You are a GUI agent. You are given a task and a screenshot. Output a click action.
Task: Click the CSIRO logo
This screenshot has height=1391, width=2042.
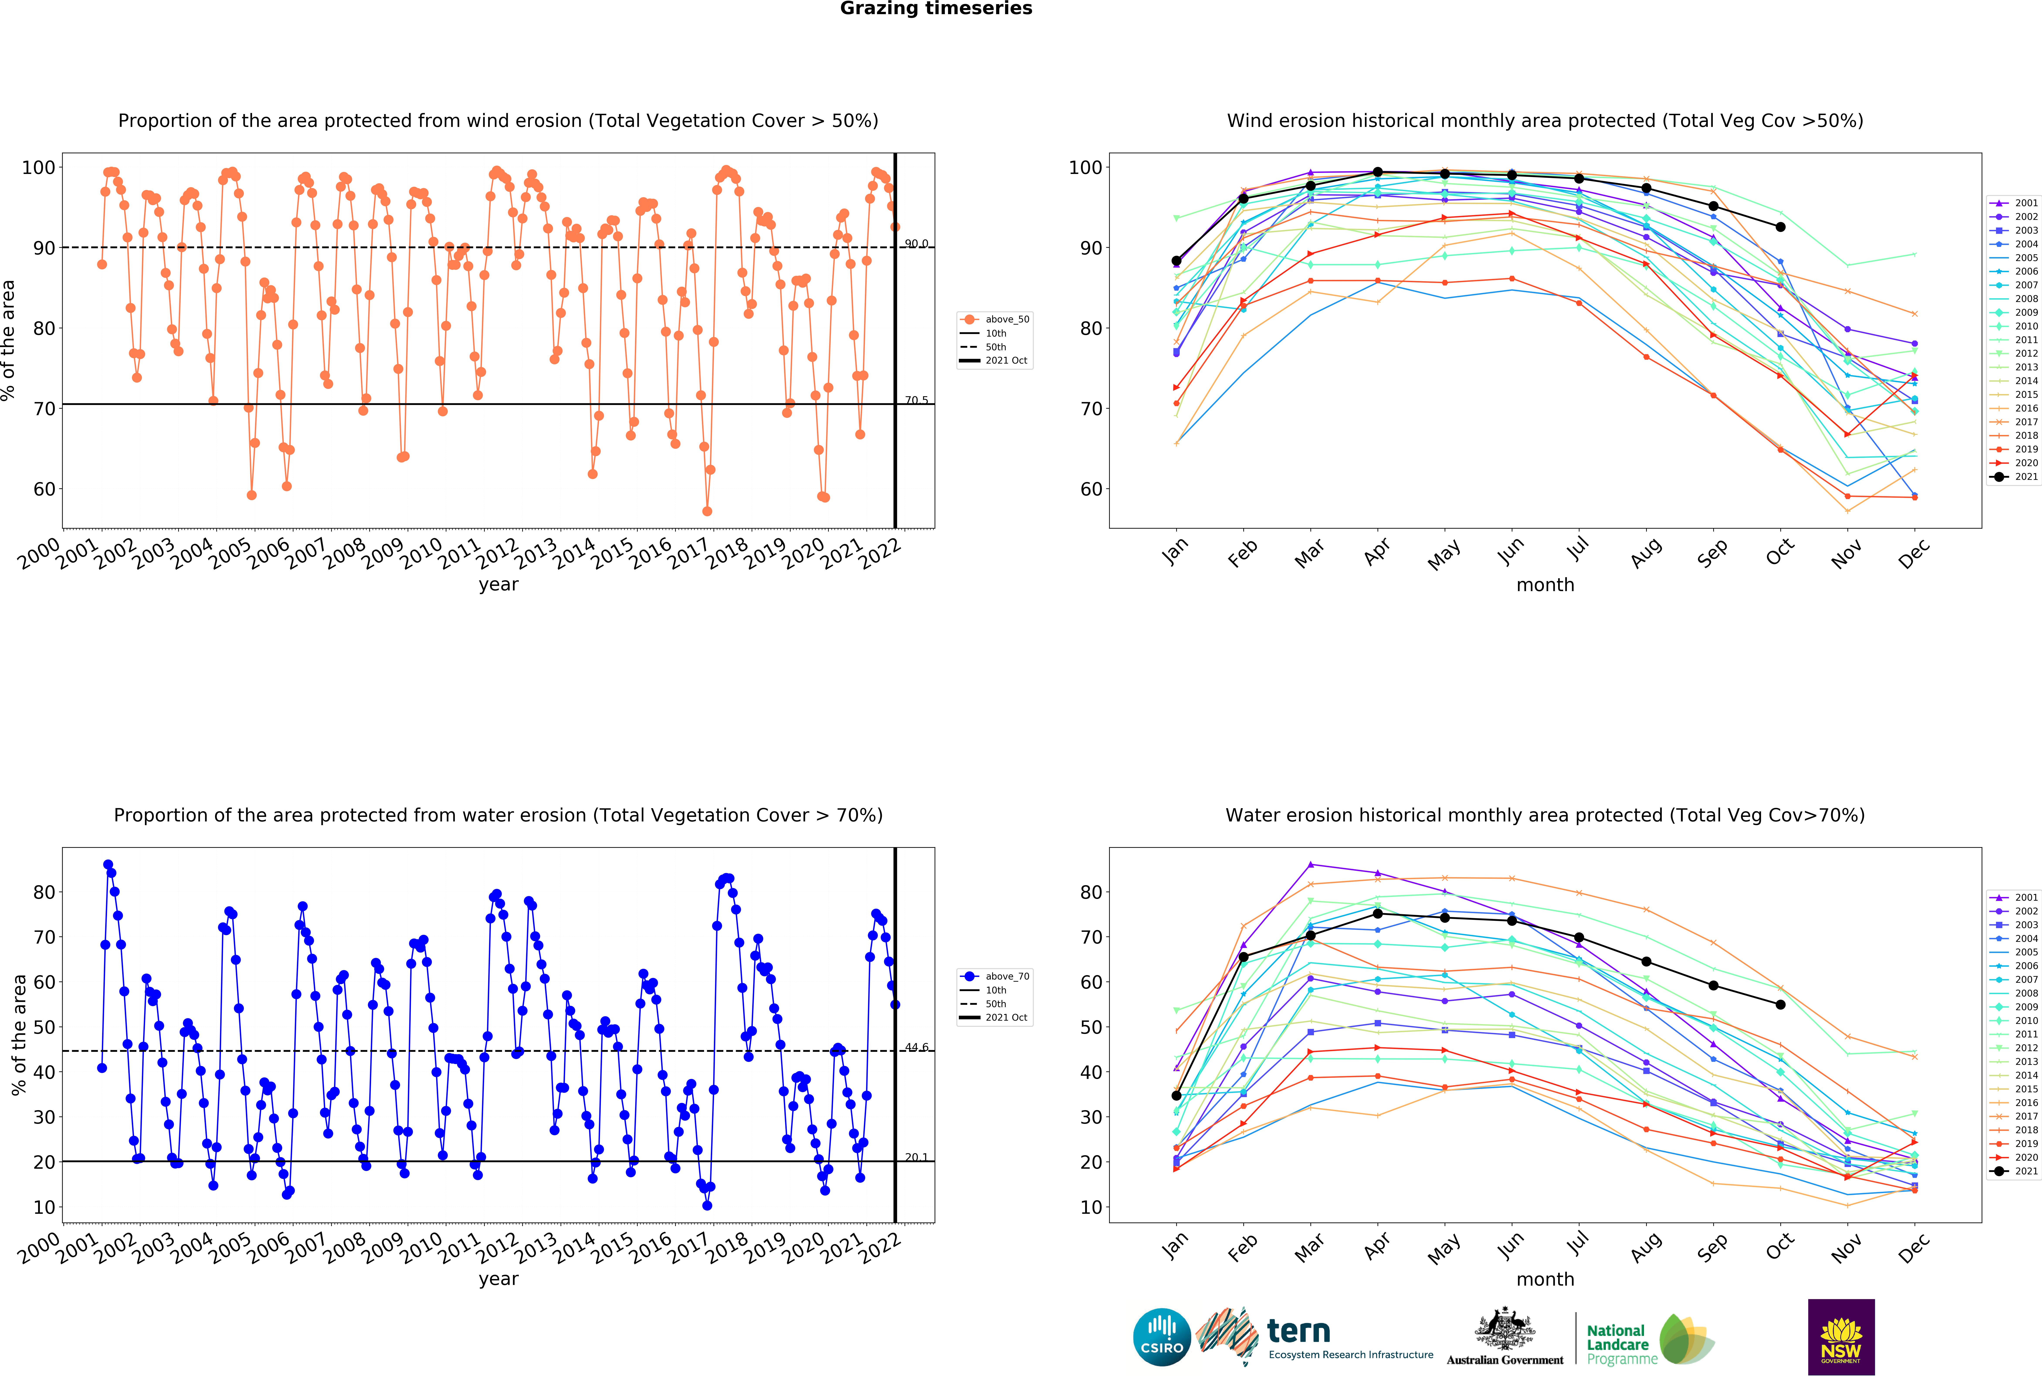tap(1162, 1337)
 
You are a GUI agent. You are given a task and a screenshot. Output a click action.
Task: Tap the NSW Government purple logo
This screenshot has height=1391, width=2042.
tap(1841, 1337)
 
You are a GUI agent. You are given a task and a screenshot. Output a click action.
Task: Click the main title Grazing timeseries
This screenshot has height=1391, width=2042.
tap(936, 9)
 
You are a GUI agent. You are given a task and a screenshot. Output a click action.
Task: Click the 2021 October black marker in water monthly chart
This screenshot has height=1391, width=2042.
tap(1780, 1005)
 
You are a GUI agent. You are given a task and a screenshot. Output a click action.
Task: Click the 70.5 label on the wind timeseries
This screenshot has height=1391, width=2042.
tap(917, 400)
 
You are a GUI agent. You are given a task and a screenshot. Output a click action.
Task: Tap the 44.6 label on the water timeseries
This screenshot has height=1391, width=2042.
tap(917, 1048)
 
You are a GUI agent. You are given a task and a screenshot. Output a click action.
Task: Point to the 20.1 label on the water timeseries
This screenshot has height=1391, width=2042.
tap(917, 1157)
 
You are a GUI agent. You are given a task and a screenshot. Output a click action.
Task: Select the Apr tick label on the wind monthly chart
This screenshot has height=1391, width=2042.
tap(1377, 551)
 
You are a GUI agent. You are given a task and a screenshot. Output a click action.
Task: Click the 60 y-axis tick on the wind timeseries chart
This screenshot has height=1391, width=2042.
tap(44, 489)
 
